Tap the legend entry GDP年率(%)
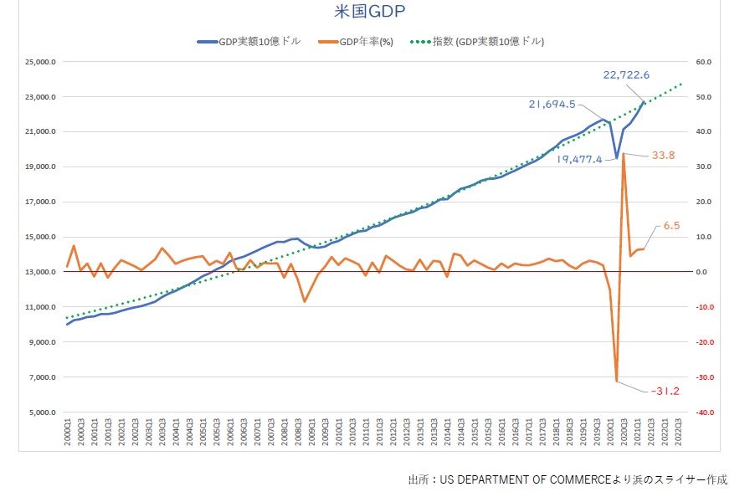point(366,41)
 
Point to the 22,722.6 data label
point(633,75)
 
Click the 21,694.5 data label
point(552,105)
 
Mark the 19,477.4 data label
point(578,159)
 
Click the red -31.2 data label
point(666,391)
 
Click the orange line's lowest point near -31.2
point(617,382)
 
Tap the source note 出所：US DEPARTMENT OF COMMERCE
point(568,479)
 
